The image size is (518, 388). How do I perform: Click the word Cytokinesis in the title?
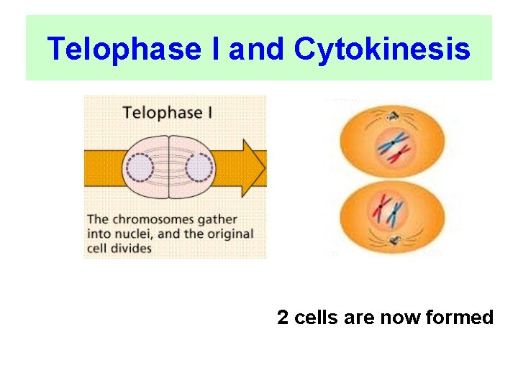tap(382, 50)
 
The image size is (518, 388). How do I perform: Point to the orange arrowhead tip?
tap(264, 168)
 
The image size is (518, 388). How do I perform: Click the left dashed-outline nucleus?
tap(140, 169)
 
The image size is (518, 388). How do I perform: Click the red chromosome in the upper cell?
tap(400, 152)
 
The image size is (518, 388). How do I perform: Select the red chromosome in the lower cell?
tap(378, 209)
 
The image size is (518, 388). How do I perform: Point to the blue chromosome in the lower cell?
tap(393, 211)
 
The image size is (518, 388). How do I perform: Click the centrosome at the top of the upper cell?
tap(393, 114)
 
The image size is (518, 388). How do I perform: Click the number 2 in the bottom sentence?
tap(282, 318)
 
